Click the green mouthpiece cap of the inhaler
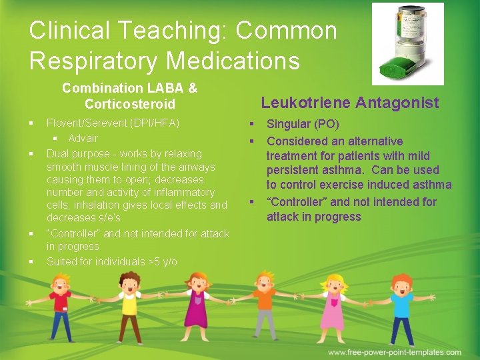pos(393,66)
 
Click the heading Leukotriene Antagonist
pos(349,102)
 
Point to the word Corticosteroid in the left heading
pos(130,104)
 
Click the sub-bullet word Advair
pos(83,139)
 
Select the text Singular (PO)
pos(303,124)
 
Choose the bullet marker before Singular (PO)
pos(253,125)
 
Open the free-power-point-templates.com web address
pos(394,352)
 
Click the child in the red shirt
pos(61,307)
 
